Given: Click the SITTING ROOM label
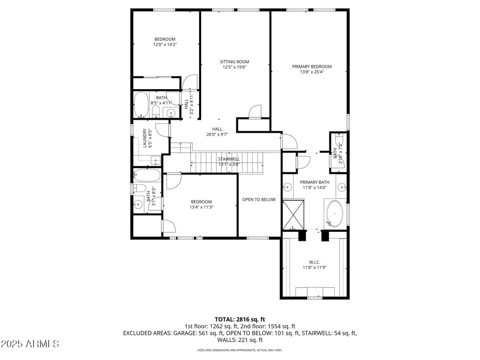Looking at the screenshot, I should click(234, 62).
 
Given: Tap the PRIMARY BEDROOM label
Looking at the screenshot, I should click(312, 66).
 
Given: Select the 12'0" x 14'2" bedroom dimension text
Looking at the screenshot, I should click(165, 45).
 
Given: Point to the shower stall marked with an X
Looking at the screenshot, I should click(294, 215).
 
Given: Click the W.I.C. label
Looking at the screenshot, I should click(314, 262).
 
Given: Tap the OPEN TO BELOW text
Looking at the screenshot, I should click(259, 199).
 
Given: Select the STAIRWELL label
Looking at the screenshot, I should click(229, 159).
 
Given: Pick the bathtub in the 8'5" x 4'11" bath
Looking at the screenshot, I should click(141, 105).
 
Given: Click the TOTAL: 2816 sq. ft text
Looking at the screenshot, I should click(240, 319).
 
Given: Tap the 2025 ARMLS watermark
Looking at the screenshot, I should click(30, 344).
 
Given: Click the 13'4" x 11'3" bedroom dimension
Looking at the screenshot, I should click(201, 207).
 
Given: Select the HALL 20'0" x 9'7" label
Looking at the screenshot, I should click(217, 132).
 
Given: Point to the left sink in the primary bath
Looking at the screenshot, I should click(288, 186).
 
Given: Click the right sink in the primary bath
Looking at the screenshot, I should click(342, 186).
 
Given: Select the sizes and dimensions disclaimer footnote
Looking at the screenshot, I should click(240, 350).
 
